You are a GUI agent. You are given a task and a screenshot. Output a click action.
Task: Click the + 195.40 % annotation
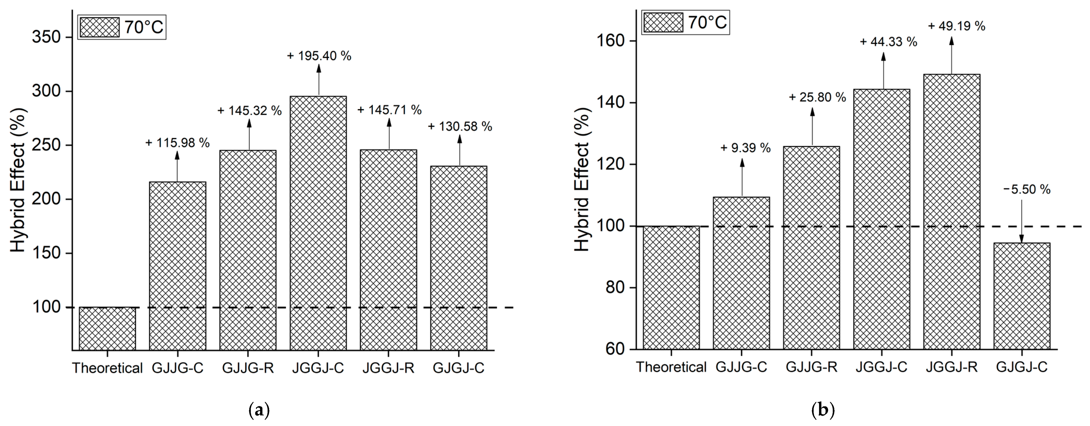[319, 56]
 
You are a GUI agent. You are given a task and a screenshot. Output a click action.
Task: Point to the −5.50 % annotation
[1027, 189]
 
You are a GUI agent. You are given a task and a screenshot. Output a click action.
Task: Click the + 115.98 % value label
[177, 143]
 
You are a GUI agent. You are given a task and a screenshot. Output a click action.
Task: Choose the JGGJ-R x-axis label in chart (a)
[388, 368]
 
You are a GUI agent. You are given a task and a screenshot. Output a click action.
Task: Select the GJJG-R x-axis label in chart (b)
[812, 367]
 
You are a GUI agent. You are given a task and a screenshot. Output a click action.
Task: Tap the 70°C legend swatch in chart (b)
[663, 22]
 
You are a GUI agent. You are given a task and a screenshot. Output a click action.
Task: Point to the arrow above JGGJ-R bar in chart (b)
[952, 55]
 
